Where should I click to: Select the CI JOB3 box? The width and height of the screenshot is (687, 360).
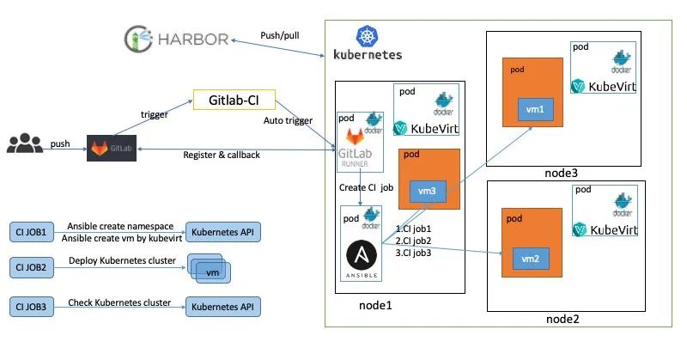(32, 306)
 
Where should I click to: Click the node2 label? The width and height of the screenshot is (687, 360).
(562, 320)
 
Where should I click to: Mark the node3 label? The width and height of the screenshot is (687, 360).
(562, 173)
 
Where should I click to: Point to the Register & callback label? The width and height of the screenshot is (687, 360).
(222, 155)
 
